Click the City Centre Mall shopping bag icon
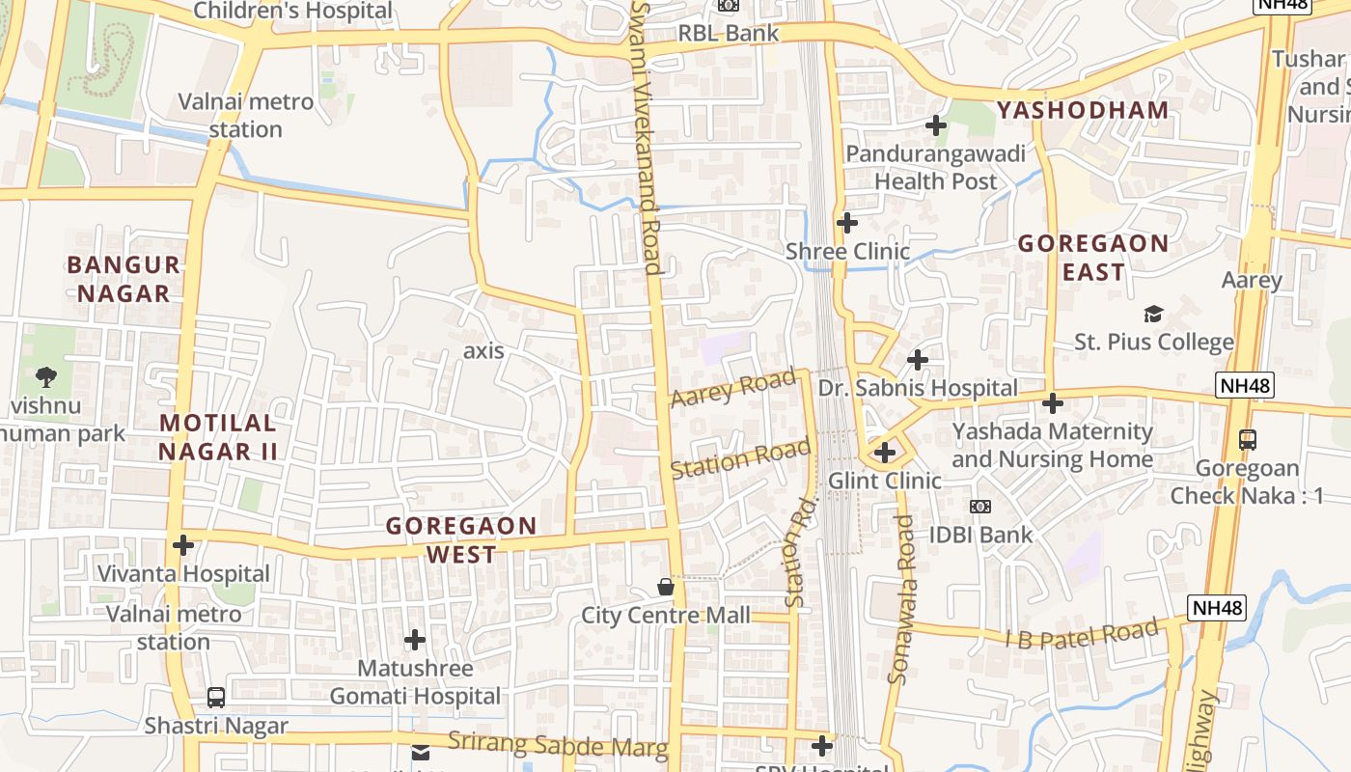click(x=665, y=587)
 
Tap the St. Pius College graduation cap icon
click(x=1153, y=314)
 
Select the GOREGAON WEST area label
click(x=461, y=540)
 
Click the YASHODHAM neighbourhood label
click(x=1083, y=110)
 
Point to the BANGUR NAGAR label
click(x=123, y=279)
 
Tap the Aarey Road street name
click(x=733, y=388)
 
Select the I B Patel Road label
click(x=1081, y=636)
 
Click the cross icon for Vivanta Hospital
click(x=182, y=545)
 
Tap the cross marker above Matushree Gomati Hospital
click(x=415, y=639)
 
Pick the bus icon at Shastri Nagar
click(x=216, y=697)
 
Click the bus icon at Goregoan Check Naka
click(x=1248, y=440)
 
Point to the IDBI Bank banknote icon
click(x=980, y=507)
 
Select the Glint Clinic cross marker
click(x=885, y=452)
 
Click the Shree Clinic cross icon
click(x=847, y=223)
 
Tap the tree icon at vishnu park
click(x=45, y=376)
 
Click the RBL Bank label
click(x=729, y=33)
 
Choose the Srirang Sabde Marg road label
click(x=558, y=744)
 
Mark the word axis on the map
click(x=483, y=350)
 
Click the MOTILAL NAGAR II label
click(x=218, y=437)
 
